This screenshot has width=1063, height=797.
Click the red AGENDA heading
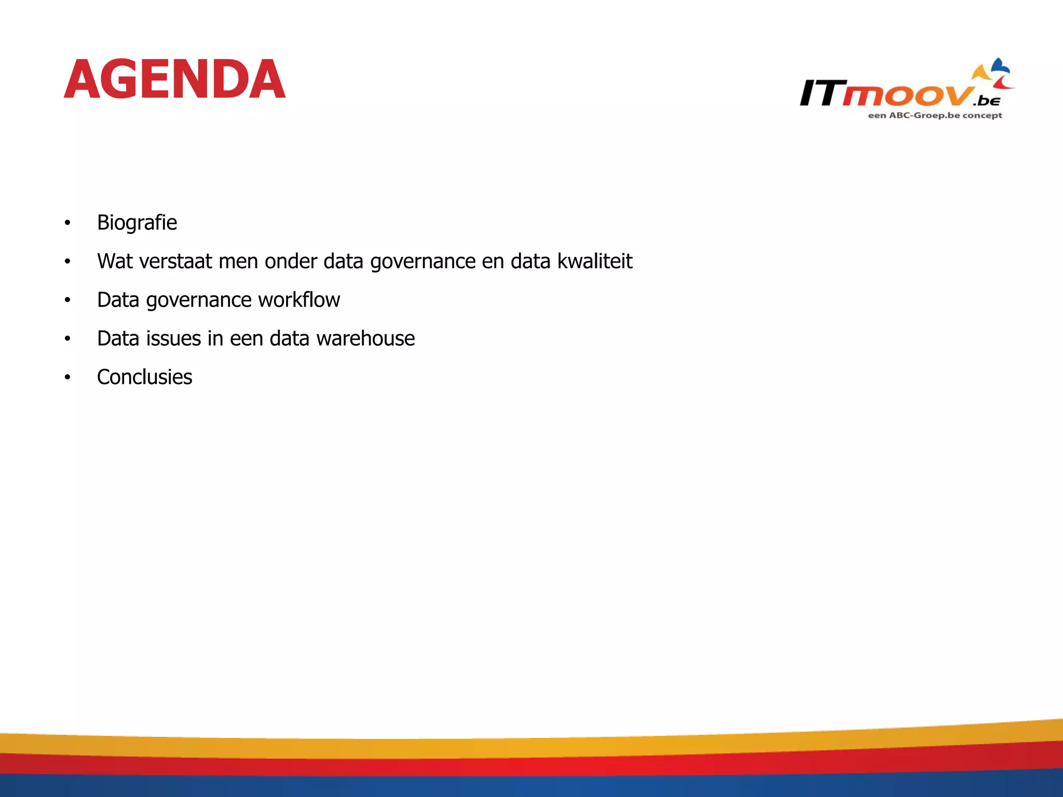[174, 79]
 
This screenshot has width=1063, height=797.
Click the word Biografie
[137, 223]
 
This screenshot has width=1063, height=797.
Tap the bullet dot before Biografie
[67, 223]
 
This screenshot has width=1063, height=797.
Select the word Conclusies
[144, 377]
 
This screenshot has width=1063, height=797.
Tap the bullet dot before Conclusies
[67, 377]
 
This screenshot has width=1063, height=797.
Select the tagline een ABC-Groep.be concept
[935, 115]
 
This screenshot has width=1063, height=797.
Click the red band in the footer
[531, 766]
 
